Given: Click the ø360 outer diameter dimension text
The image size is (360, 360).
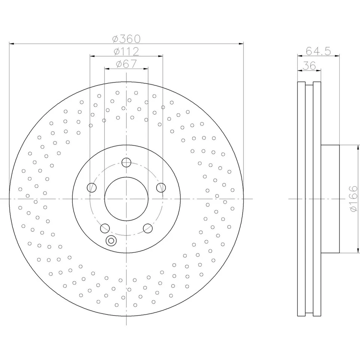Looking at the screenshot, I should [126, 39].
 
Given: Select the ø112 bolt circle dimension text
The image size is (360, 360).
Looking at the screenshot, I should [126, 51].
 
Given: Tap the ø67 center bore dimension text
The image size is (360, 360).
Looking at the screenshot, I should [126, 64].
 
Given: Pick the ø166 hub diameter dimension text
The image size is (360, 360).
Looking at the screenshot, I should [354, 199].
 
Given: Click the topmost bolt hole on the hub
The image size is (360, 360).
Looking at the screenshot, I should [126, 162].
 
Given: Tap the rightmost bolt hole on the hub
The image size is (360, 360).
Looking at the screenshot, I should [161, 187].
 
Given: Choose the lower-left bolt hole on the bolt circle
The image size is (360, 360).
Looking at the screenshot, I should [105, 228].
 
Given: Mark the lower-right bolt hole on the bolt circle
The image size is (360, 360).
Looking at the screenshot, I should [148, 228].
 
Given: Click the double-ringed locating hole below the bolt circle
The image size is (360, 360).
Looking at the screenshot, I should [111, 241].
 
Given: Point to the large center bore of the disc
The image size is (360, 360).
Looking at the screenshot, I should [126, 199].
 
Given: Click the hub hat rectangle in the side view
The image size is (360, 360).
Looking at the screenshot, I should [330, 199].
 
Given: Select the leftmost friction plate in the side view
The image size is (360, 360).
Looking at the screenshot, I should [301, 199].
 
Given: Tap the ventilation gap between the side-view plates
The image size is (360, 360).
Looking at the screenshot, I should [309, 199].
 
